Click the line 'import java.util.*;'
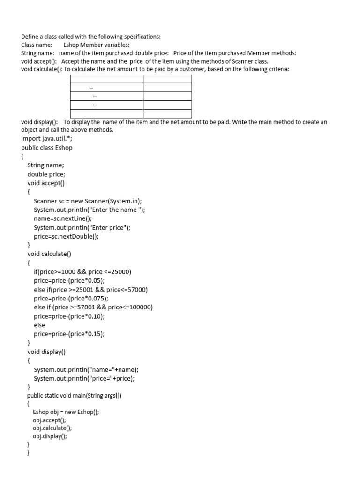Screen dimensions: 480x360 tap(47, 138)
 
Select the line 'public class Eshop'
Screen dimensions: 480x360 tap(47, 147)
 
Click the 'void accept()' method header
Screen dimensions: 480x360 tap(46, 183)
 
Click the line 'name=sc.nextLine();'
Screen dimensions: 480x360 tap(63, 218)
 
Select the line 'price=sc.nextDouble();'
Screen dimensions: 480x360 tap(66, 236)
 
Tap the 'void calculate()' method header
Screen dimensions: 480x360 tap(49, 254)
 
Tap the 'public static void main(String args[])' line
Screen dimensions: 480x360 tap(74, 396)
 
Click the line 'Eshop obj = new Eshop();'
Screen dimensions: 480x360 tap(66, 412)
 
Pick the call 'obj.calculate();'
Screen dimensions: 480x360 tap(52, 428)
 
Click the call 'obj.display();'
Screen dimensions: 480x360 tap(50, 436)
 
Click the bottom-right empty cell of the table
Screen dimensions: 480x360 tap(167, 113)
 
